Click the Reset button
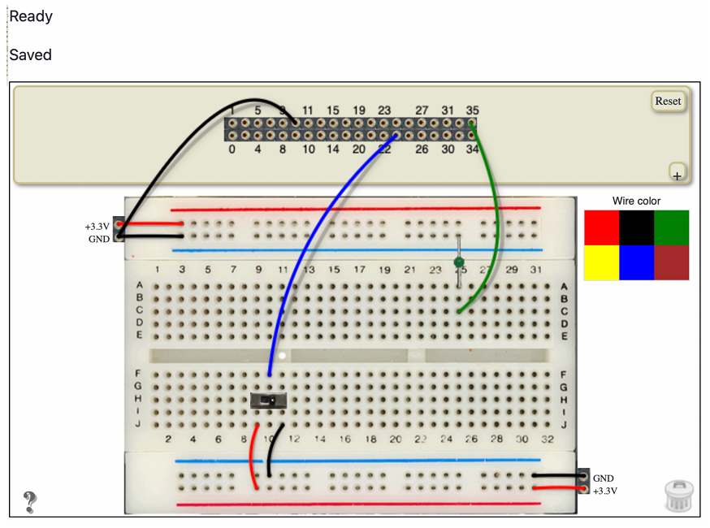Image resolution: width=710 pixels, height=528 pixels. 668,101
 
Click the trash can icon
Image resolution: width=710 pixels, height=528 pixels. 678,496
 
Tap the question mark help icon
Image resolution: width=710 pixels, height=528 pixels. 30,502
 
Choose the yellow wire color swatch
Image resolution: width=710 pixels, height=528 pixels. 601,263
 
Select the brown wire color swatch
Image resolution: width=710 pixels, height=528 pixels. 671,263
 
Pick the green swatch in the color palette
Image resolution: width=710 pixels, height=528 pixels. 671,227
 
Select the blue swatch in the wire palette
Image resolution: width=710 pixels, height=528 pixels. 636,263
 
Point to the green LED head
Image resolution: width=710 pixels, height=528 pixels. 459,262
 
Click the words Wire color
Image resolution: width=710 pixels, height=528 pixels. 636,201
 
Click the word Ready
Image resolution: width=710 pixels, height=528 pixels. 31,16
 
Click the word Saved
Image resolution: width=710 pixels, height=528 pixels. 30,55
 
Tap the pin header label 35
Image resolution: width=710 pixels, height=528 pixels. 472,110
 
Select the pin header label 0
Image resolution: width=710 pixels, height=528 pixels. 232,149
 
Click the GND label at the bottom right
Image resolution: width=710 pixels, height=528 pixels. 603,478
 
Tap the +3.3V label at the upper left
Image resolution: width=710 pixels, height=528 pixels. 97,227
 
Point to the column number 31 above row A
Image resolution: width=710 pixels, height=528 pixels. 535,270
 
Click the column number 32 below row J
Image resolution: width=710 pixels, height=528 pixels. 547,439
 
